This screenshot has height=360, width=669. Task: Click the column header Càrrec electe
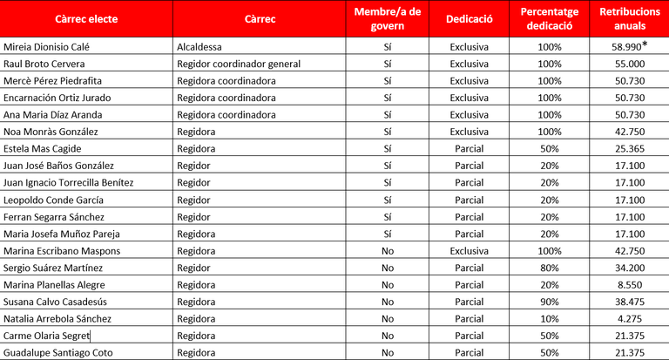(x=86, y=18)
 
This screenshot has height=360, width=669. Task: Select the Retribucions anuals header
(x=630, y=18)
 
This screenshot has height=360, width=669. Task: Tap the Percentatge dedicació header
(x=550, y=18)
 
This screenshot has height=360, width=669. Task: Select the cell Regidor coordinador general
(x=238, y=64)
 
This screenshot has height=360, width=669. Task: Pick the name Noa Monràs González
(x=51, y=132)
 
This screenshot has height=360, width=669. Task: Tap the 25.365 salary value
(x=629, y=149)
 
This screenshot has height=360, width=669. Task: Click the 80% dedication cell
(x=550, y=268)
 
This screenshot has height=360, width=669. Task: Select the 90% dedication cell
(x=550, y=302)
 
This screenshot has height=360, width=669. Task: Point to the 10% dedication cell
(x=550, y=319)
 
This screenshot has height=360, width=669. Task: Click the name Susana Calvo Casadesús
(x=57, y=302)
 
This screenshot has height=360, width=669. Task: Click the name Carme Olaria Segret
(x=47, y=336)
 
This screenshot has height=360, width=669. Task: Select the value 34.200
(x=629, y=268)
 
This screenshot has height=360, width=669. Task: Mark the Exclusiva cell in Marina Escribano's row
(x=470, y=251)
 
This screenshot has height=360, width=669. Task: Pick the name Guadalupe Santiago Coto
(x=57, y=353)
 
